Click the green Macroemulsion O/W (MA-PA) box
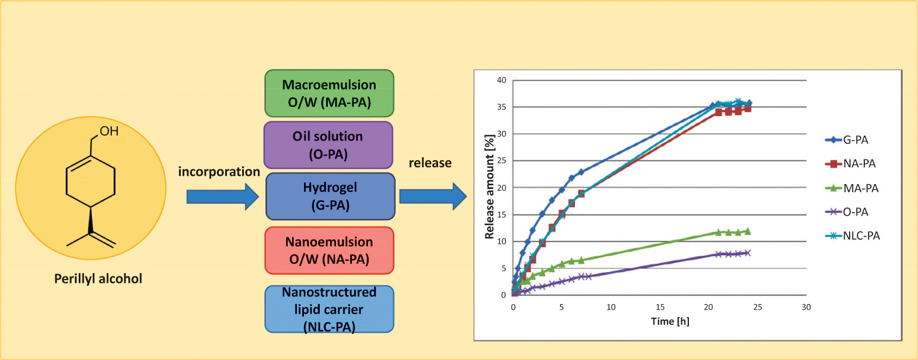329,93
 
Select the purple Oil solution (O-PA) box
328,145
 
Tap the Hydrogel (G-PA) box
330,196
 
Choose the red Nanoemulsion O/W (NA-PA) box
329,250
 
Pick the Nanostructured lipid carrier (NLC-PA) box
329,309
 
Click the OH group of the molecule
109,131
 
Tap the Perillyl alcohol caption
98,279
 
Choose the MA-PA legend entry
852,188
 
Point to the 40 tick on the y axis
502,80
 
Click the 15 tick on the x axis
660,307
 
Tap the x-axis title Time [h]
670,321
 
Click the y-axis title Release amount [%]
489,187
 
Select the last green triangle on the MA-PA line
748,231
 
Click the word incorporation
219,172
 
